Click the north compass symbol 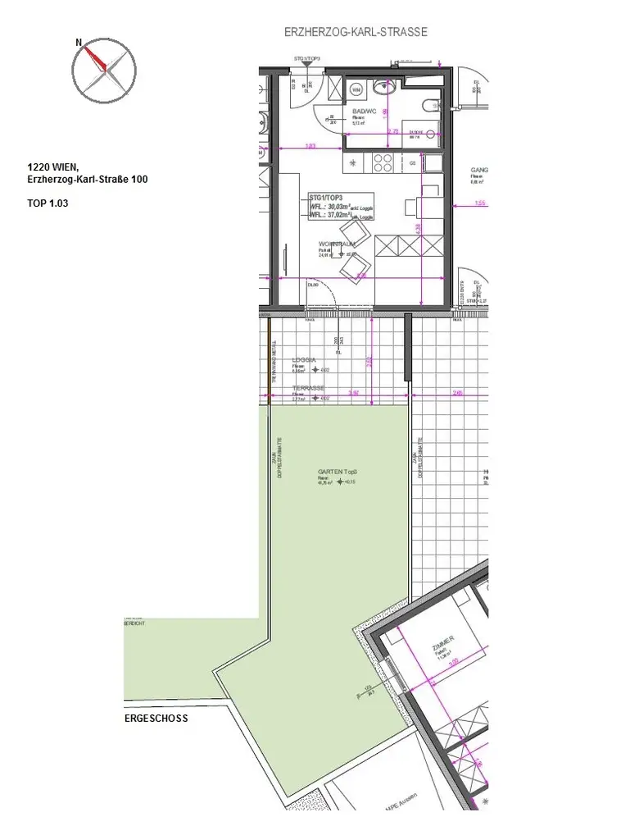pos(103,67)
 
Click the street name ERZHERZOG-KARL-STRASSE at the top pos(356,32)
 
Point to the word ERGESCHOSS pos(156,718)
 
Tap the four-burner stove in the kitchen pos(383,163)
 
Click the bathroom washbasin pos(383,86)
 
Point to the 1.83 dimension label pos(310,147)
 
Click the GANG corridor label pos(479,171)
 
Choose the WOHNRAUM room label pos(338,245)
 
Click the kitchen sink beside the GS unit pos(430,163)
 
